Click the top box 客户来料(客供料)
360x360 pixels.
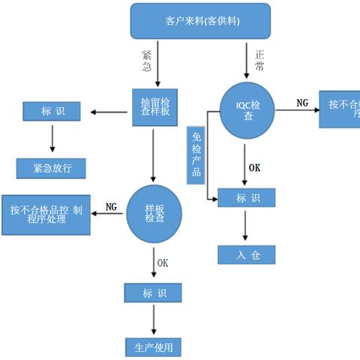pos(201,21)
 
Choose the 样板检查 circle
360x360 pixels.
pos(154,213)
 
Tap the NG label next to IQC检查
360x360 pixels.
pos(301,102)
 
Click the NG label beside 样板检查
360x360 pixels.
pos(110,206)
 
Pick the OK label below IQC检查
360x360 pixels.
pos(255,168)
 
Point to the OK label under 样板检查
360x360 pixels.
pos(163,262)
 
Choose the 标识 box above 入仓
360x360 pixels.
pos(246,198)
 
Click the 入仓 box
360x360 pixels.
pos(247,255)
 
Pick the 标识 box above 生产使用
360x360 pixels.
pos(154,292)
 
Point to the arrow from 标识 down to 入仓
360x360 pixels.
pos(245,225)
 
